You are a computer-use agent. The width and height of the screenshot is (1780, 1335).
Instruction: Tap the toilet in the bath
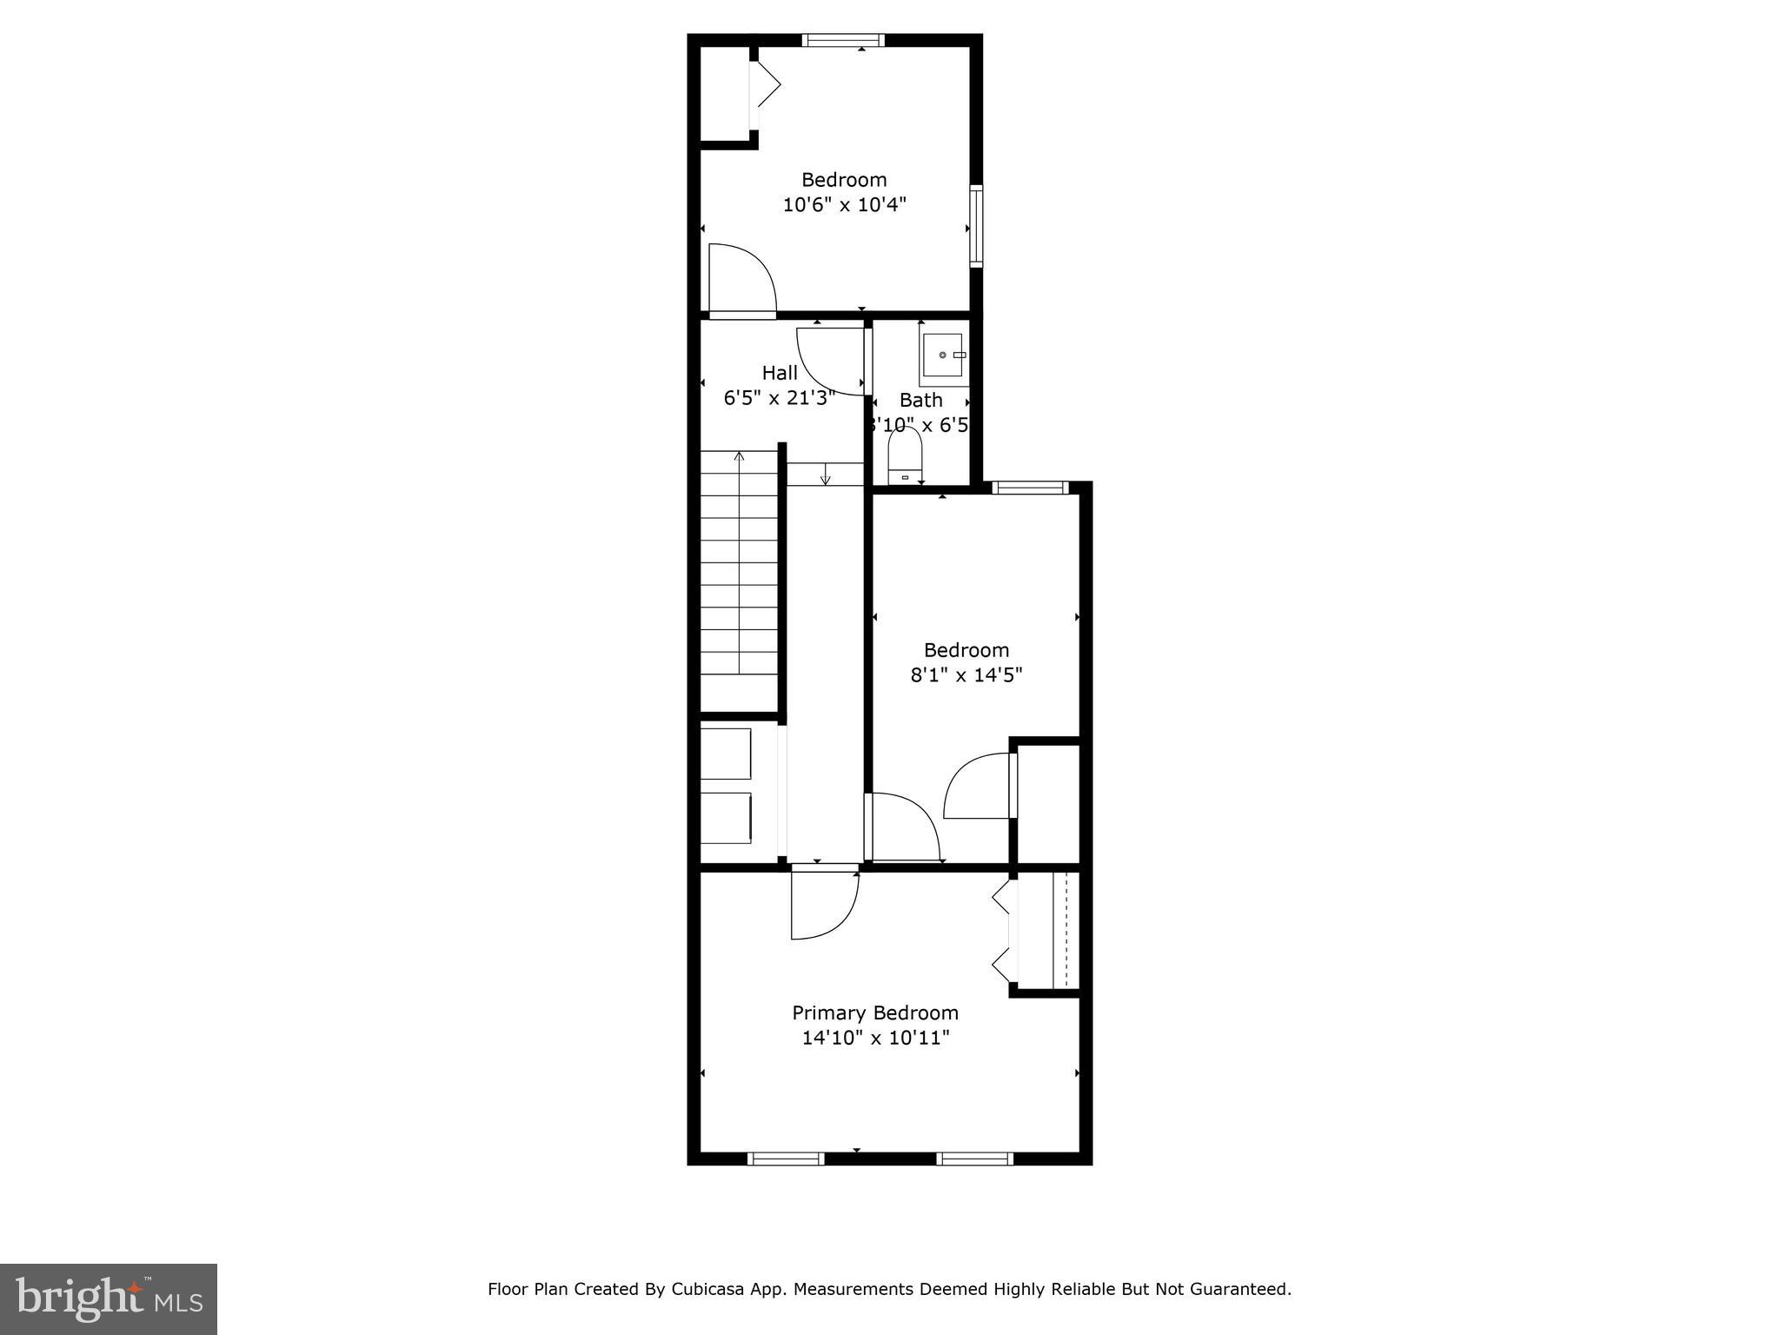point(905,457)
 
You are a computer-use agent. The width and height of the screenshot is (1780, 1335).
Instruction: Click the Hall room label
point(780,373)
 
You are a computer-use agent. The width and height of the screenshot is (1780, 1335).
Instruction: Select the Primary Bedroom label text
point(874,1013)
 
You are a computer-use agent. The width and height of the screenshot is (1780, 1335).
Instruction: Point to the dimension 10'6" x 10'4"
point(844,205)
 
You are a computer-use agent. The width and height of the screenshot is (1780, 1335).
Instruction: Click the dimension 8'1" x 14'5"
point(966,674)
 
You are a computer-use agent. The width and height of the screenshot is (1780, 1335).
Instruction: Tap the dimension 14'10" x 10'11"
point(875,1038)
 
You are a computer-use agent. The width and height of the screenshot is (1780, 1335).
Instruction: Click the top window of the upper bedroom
point(842,40)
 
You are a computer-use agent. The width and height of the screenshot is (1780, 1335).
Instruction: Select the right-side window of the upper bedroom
point(976,226)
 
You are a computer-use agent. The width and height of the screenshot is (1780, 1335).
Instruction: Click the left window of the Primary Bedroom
point(786,1158)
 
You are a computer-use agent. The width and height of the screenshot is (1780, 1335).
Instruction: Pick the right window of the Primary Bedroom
point(974,1158)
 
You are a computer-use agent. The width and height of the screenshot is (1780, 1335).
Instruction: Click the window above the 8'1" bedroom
point(1030,488)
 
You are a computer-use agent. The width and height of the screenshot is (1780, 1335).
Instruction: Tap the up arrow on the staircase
point(740,456)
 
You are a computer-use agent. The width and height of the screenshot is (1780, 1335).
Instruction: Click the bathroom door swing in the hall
point(828,361)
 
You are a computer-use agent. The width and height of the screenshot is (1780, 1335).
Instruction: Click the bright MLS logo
point(109,1298)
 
